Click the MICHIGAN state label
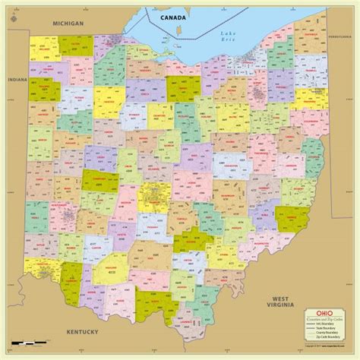point(68,24)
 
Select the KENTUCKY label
point(83,332)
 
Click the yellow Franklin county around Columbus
point(152,194)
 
